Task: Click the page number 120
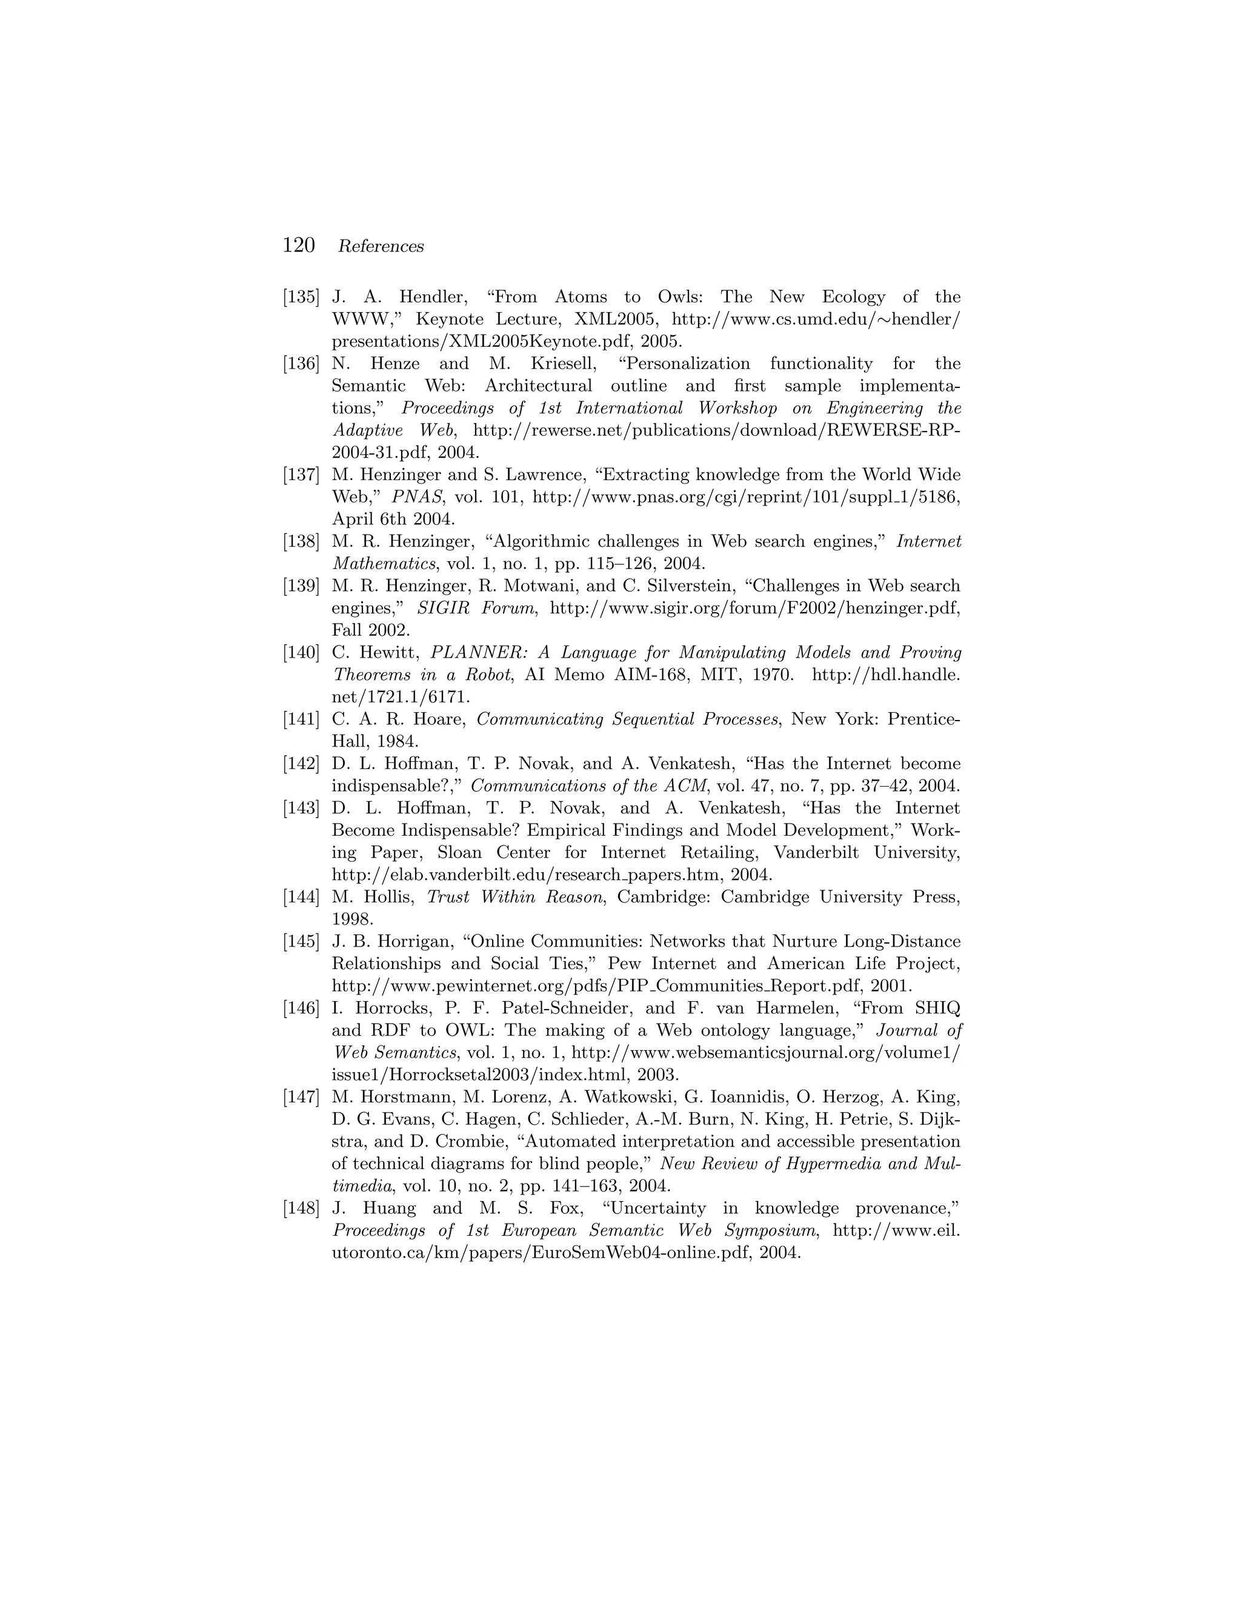[299, 245]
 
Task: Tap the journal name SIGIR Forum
[475, 608]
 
